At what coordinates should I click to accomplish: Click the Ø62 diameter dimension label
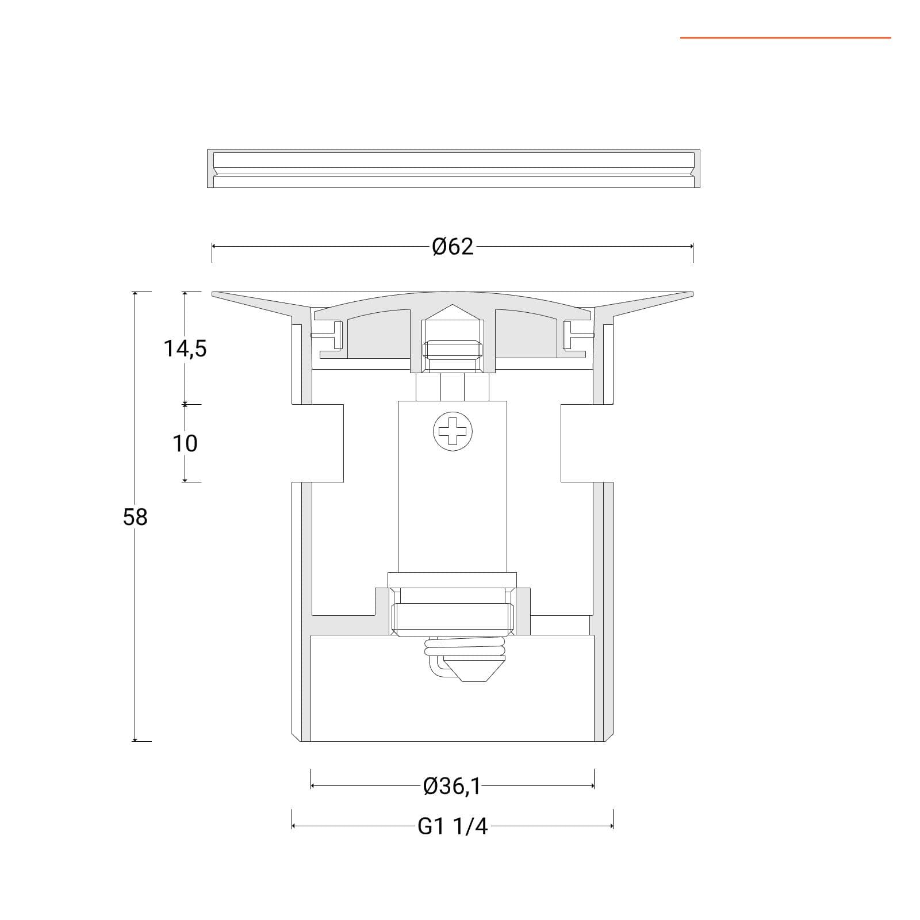[453, 246]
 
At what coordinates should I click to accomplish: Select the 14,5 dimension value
[185, 348]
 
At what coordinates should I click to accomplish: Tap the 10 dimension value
[185, 443]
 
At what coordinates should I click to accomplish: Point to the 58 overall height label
[135, 517]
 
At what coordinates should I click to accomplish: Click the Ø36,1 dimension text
[452, 785]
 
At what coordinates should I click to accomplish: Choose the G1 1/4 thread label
[453, 826]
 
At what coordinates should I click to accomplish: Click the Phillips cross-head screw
[453, 431]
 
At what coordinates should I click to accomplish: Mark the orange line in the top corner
[785, 38]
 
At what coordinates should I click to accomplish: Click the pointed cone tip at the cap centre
[453, 305]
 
